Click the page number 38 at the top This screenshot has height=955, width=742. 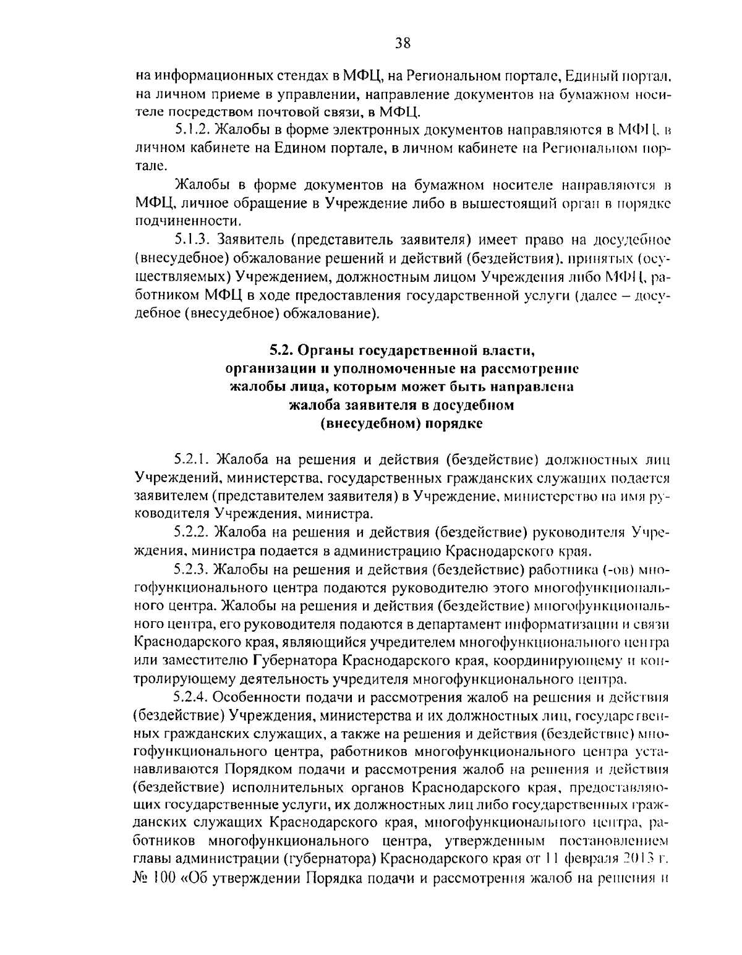click(402, 43)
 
